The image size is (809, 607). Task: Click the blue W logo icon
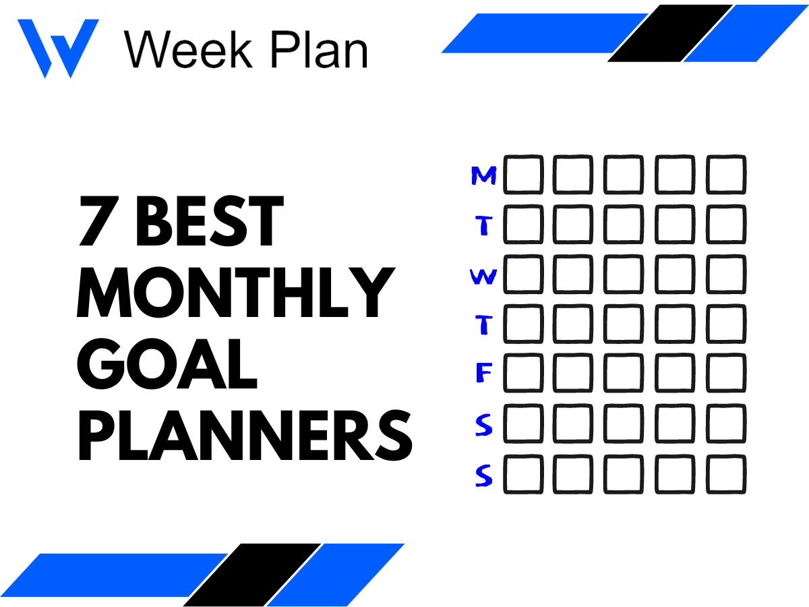click(58, 47)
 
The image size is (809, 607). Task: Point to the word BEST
click(210, 223)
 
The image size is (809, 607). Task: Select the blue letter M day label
click(483, 176)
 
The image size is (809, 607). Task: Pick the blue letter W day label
click(483, 277)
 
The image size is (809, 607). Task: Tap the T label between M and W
click(483, 226)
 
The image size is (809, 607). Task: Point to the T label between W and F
click(483, 326)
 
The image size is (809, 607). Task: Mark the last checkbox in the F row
click(726, 374)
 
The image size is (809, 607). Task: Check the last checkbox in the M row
click(726, 175)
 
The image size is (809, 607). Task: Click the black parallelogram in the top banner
click(671, 33)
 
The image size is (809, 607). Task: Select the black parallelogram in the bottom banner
click(253, 575)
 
